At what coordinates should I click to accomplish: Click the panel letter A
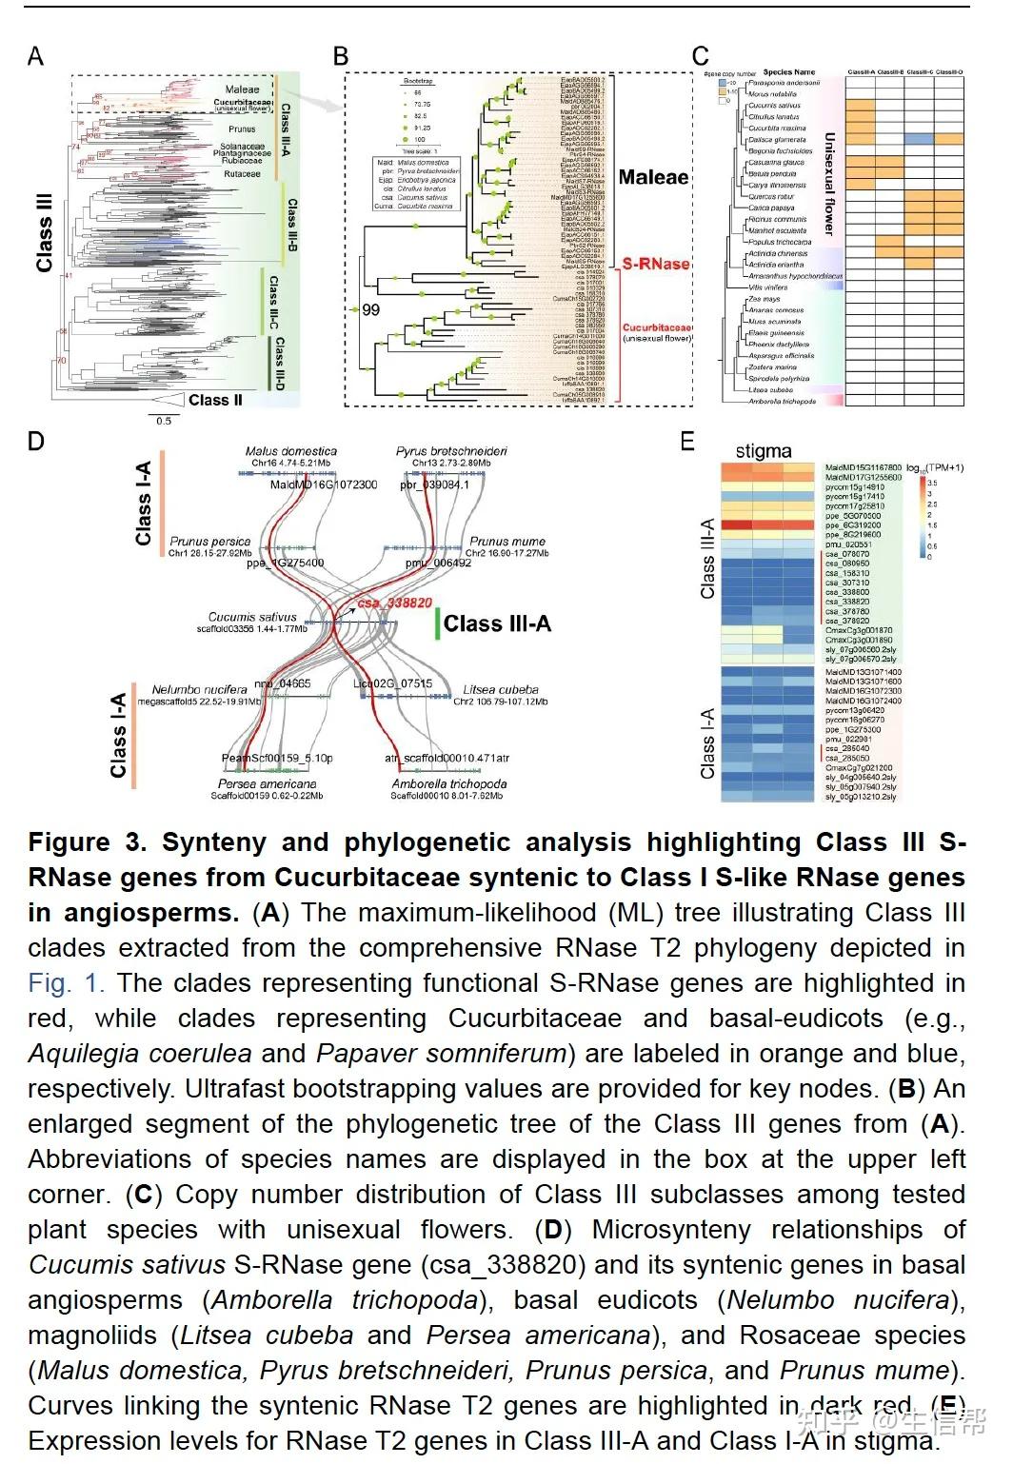tap(35, 56)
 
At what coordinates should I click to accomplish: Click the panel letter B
tap(341, 56)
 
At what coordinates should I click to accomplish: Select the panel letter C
tap(700, 57)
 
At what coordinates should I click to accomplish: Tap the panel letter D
tap(35, 441)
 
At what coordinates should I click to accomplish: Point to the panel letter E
tap(687, 441)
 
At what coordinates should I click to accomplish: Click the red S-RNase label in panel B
tap(656, 264)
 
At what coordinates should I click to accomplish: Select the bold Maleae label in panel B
tap(653, 177)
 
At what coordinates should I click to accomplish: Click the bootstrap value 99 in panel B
tap(370, 309)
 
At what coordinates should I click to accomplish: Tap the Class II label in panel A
tap(215, 400)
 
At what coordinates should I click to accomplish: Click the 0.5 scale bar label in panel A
tap(164, 420)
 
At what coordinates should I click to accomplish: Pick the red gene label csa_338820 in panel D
tap(394, 603)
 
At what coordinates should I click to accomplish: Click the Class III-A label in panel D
tap(497, 624)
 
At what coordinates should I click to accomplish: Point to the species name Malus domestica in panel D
tap(290, 451)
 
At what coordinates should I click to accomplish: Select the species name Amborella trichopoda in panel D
tap(448, 783)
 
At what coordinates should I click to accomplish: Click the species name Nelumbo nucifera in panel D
tap(200, 689)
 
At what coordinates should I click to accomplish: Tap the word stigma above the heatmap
tap(764, 451)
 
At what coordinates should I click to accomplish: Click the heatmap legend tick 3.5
tap(932, 483)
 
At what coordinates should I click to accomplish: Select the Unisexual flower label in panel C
tap(828, 185)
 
